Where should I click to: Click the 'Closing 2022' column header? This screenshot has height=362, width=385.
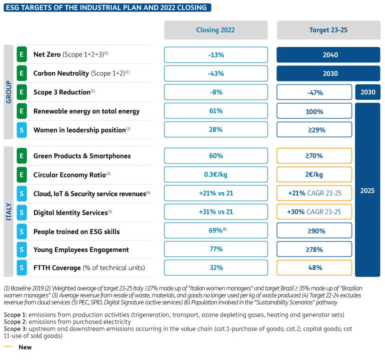coord(215,30)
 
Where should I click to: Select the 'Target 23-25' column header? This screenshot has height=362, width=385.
coord(328,30)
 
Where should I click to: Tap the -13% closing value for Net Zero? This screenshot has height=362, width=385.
coord(216,55)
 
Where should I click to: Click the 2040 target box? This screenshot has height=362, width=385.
coord(328,55)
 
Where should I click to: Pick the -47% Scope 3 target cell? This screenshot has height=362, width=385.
coord(314,92)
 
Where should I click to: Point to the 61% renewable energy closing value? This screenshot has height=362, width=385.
coord(216,111)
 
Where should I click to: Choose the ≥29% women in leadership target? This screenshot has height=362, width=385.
coord(314,129)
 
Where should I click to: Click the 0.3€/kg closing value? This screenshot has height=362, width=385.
coord(216,174)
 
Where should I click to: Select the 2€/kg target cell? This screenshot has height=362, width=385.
coord(314,174)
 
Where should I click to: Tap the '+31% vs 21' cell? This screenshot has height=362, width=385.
coord(216,211)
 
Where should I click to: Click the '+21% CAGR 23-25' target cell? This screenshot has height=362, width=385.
coord(314,193)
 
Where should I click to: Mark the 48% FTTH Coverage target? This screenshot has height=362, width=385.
coord(314,267)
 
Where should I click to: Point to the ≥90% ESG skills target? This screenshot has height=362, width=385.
coord(314,230)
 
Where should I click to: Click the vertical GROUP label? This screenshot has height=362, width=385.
coord(8,92)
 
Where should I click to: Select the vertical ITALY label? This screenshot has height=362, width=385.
coord(8,211)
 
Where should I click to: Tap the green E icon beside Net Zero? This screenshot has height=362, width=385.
coord(21,54)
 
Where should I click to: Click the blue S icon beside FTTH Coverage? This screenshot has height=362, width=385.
coord(21,267)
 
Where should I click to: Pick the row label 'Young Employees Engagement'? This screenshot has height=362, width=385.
coord(81,249)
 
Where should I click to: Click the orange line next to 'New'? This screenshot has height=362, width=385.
coord(8,346)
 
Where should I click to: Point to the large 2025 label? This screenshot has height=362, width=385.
coord(367,190)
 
